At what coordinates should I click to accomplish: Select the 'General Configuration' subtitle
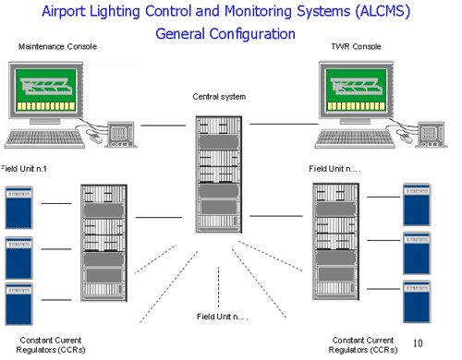pos(225,34)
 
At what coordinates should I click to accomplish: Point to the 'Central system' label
pos(219,96)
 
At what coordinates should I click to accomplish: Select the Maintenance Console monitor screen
pos(52,92)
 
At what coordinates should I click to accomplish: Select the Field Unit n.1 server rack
pos(104,245)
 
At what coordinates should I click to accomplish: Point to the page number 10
pos(417,343)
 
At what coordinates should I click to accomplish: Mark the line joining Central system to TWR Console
pos(283,124)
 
